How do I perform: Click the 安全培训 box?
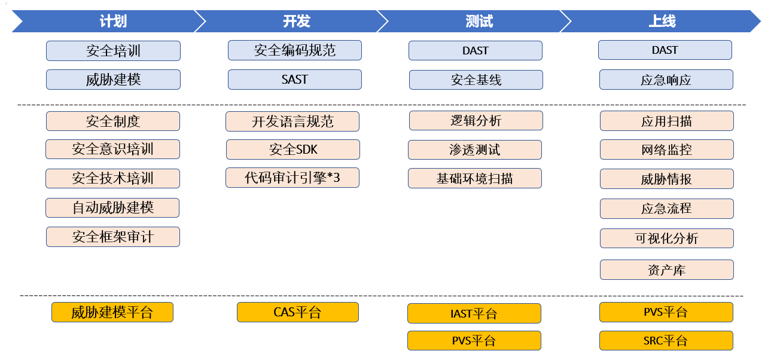(x=113, y=51)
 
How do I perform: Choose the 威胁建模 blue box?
(x=113, y=80)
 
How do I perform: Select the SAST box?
(x=294, y=80)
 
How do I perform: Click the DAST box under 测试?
(x=476, y=51)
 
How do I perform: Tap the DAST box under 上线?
(x=665, y=50)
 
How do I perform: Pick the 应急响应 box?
(x=666, y=80)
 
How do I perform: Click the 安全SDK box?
(x=293, y=150)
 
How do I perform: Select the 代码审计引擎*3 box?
(x=292, y=178)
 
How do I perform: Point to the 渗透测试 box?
(x=475, y=150)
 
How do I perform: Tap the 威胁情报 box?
(x=666, y=179)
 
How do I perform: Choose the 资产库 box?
(x=666, y=270)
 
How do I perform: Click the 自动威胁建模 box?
(x=112, y=208)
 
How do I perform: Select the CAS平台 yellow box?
(x=297, y=312)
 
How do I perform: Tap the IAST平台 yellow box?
(x=474, y=313)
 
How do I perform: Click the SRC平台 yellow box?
(x=666, y=341)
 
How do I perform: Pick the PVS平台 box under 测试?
(x=474, y=341)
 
